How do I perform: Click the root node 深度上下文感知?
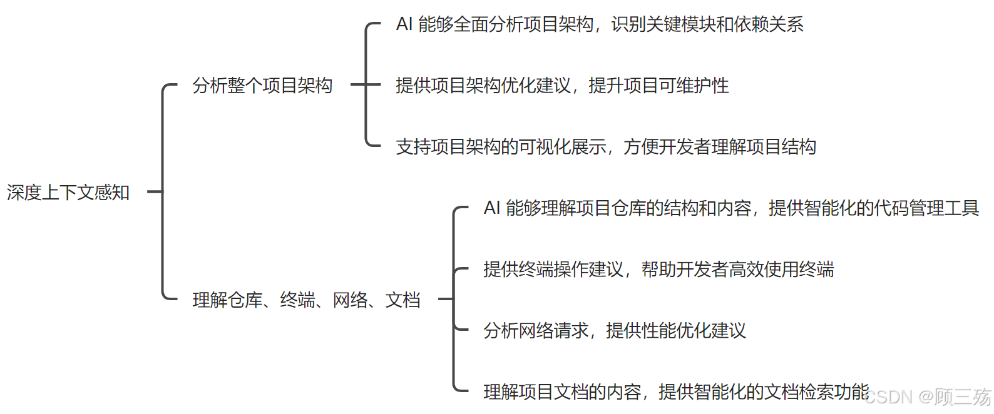tap(68, 192)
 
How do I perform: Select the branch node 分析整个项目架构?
tap(262, 85)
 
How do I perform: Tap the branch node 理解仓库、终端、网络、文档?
tap(306, 300)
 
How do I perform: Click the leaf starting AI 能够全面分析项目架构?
tap(600, 24)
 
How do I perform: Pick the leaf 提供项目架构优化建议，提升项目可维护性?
tap(562, 85)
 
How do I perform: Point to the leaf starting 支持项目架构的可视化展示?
tap(606, 146)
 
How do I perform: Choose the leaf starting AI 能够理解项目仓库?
tap(731, 208)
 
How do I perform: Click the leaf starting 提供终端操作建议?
tap(658, 269)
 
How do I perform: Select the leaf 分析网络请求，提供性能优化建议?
tap(615, 330)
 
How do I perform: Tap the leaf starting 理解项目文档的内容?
tap(676, 391)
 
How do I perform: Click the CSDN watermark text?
tap(929, 397)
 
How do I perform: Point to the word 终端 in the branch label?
tap(297, 300)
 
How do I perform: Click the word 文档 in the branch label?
tap(402, 300)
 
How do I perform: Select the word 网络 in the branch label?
tap(350, 300)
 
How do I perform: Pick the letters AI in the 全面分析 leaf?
tap(404, 24)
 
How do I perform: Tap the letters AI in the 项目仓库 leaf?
tap(492, 208)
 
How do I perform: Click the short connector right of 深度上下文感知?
tap(154, 192)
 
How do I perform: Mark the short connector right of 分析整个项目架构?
tap(358, 85)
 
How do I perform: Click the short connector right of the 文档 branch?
tap(445, 300)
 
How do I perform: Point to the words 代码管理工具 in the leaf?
tap(926, 208)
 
